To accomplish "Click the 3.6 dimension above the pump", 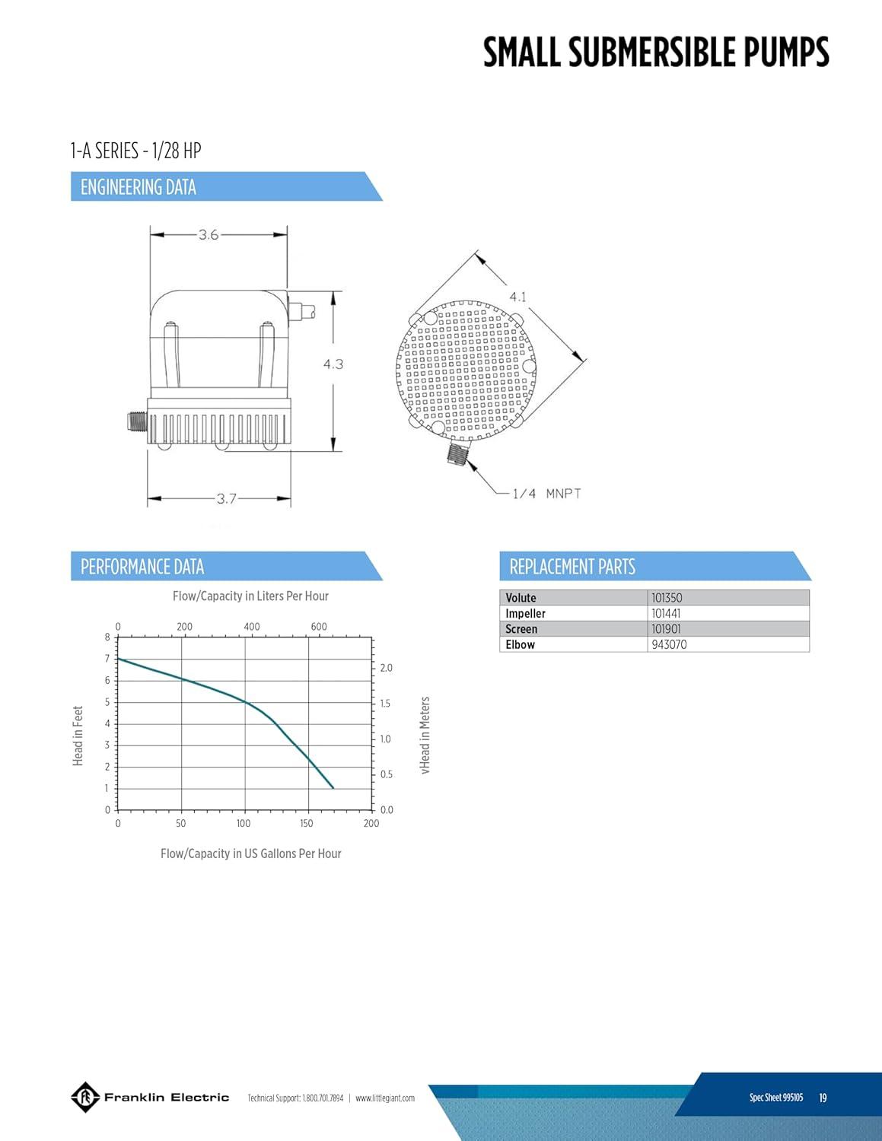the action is [x=209, y=235].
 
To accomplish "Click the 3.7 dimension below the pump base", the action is [x=227, y=498].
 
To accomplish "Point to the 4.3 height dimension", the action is [x=333, y=364].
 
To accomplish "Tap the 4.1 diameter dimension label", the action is [x=518, y=297].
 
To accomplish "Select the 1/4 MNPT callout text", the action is [x=547, y=494].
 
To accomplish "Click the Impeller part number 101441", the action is [x=666, y=613].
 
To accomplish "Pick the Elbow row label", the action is [x=520, y=644].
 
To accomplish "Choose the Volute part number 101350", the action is [x=667, y=598].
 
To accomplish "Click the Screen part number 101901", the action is [x=666, y=628].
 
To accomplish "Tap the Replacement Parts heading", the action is [x=572, y=567].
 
